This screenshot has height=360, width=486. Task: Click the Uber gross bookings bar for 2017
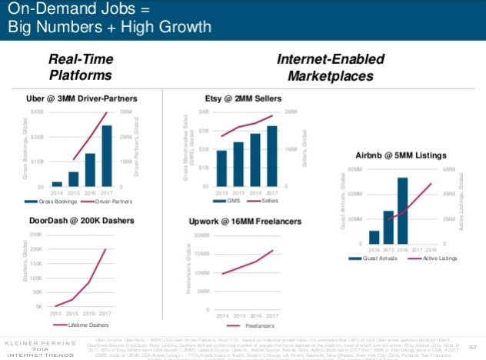(107, 155)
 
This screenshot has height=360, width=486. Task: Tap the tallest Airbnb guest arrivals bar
(402, 210)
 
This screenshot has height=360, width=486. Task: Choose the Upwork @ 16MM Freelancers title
(239, 222)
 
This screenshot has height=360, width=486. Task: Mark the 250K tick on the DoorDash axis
(35, 234)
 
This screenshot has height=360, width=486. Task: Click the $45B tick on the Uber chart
(36, 112)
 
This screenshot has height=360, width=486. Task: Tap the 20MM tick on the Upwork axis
(201, 235)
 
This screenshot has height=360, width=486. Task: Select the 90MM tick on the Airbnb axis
(355, 168)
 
